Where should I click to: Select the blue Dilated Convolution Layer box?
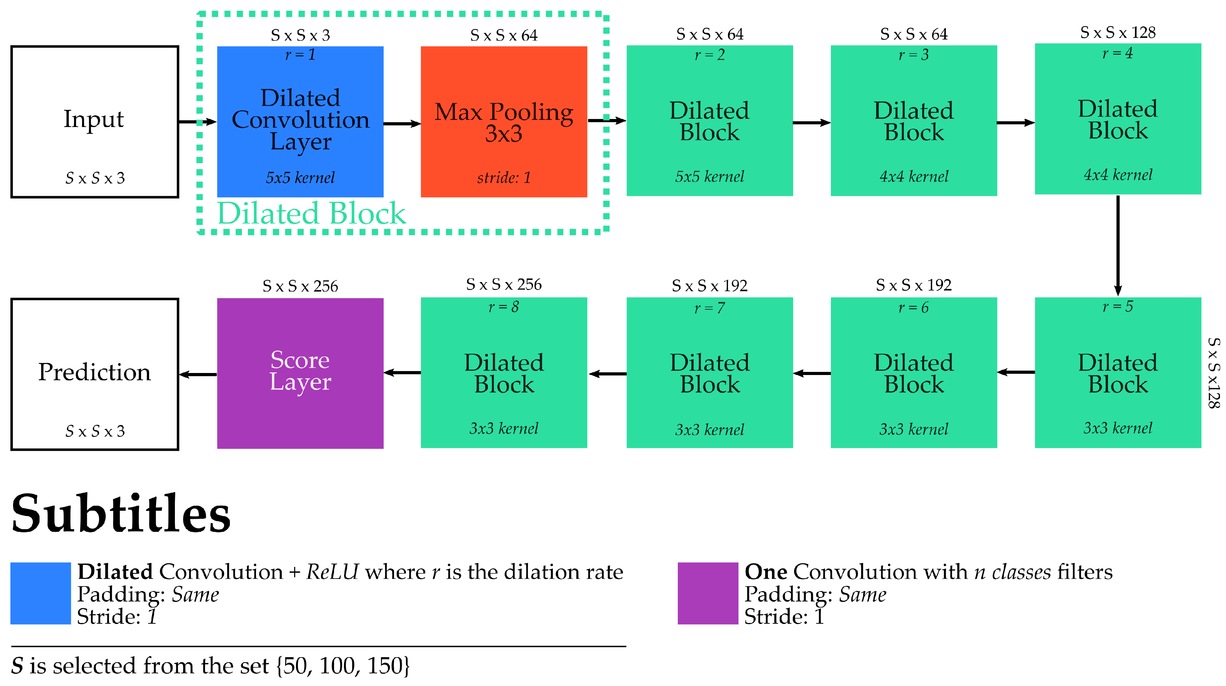click(x=300, y=121)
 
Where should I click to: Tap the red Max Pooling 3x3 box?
click(x=504, y=121)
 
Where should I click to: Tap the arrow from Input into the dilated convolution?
click(x=197, y=122)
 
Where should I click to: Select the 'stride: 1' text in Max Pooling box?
click(x=504, y=178)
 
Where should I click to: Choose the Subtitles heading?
click(x=121, y=514)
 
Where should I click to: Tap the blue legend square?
click(x=41, y=593)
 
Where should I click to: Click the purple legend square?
click(x=707, y=593)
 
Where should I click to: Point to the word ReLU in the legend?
click(x=332, y=572)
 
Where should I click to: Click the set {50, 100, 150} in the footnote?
click(x=343, y=666)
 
